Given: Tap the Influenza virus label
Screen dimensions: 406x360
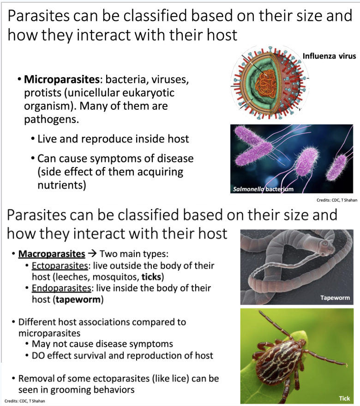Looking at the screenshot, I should (x=329, y=56).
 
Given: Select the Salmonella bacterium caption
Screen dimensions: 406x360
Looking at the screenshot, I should (x=263, y=189).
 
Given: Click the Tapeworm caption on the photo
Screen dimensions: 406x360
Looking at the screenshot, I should (x=335, y=298).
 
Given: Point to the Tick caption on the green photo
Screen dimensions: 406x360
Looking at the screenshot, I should (x=344, y=398).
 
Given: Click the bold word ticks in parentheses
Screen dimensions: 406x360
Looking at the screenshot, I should (x=152, y=277).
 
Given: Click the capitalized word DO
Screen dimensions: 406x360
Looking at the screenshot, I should (x=39, y=355).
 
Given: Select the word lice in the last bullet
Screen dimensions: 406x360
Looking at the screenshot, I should (x=162, y=379).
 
